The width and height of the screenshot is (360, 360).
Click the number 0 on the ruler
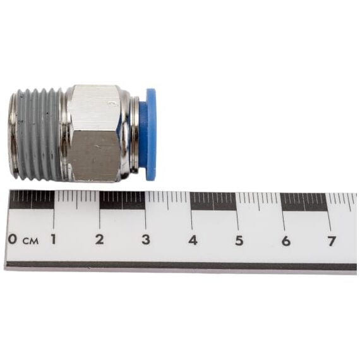tap(13, 239)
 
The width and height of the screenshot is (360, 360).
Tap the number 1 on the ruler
tap(53, 239)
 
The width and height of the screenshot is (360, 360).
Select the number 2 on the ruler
tap(99, 239)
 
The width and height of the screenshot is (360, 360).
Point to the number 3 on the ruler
tap(146, 239)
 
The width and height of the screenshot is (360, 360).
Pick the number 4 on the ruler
tap(193, 240)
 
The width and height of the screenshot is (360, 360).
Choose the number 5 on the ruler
tap(239, 241)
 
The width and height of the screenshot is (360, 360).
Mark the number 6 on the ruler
tap(286, 241)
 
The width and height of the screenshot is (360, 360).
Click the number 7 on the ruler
tap(332, 241)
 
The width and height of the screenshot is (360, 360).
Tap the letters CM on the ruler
tap(30, 241)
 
